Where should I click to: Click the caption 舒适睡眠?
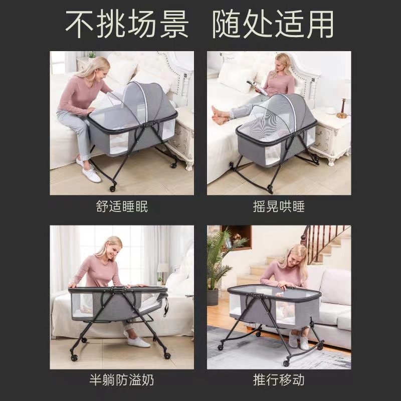pos(122,207)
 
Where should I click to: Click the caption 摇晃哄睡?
pos(279,207)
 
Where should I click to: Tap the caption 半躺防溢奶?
pos(122,380)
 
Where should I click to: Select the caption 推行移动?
pos(279,380)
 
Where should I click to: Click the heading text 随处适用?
pos(273,24)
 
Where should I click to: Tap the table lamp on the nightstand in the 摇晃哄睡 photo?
pos(343,100)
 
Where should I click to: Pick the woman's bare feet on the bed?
pos(220,116)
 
